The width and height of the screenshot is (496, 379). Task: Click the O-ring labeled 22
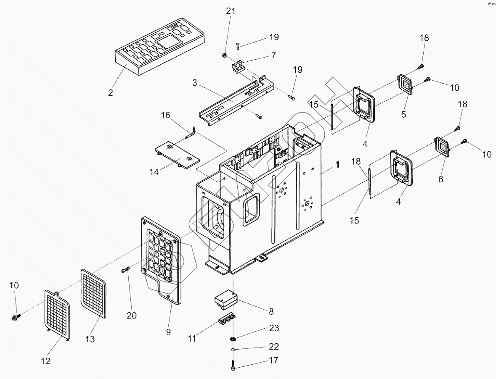tap(233, 348)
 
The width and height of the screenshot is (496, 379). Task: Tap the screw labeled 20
tap(126, 271)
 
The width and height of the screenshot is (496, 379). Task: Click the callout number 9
tap(168, 332)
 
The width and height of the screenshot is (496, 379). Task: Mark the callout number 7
tap(273, 56)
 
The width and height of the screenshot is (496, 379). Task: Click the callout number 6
tap(440, 179)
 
